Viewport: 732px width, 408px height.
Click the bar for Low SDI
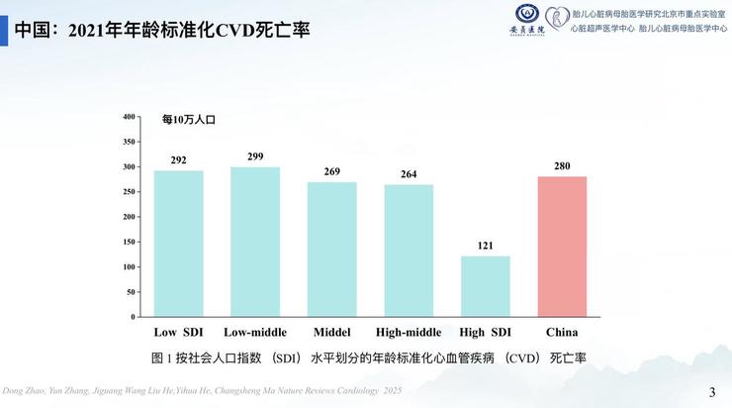point(178,244)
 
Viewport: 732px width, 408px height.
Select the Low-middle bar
point(255,242)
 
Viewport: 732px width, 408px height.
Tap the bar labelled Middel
point(332,250)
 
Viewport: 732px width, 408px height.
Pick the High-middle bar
point(409,251)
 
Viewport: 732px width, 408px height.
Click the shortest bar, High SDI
point(486,286)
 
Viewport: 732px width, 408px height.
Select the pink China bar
point(562,247)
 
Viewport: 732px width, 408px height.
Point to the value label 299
point(255,156)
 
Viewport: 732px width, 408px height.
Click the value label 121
point(486,246)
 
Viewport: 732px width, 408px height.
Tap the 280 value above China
point(562,166)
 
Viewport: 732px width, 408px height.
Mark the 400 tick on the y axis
point(129,117)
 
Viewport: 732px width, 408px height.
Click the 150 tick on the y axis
point(129,242)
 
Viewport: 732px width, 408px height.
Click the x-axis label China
point(562,332)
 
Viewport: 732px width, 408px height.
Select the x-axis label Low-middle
point(255,332)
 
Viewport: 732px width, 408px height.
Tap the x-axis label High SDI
point(486,332)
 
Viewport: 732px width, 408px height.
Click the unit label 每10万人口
point(188,120)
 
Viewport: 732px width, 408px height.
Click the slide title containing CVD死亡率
point(162,30)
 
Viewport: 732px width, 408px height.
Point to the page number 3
point(712,392)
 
